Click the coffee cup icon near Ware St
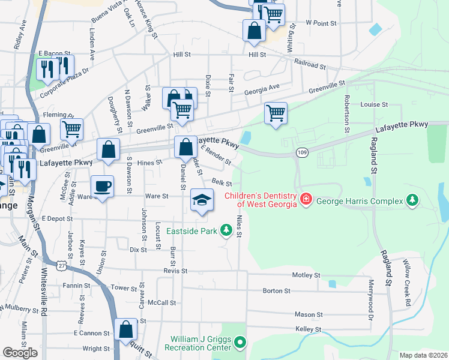[101, 187]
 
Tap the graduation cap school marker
[202, 200]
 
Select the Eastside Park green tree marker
[226, 229]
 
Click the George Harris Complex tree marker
[412, 199]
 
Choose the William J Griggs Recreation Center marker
[240, 343]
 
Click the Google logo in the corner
[20, 353]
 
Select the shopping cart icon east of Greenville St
[276, 113]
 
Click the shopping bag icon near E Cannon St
[125, 329]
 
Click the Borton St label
[276, 291]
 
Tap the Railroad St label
[309, 64]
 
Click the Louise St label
[373, 104]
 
